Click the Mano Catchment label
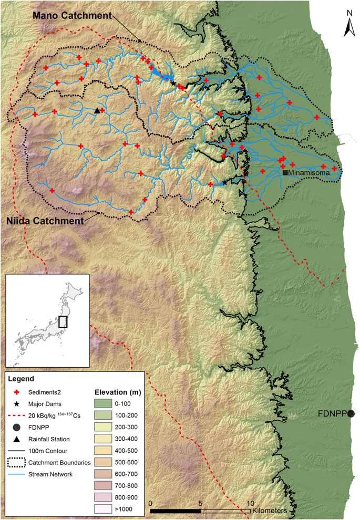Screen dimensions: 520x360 coord(72,16)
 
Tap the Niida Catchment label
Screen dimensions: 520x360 coord(44,221)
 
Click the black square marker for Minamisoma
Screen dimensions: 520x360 coord(285,172)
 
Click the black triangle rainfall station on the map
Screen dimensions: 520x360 coord(97,110)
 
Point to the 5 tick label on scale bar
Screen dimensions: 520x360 coord(201,502)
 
